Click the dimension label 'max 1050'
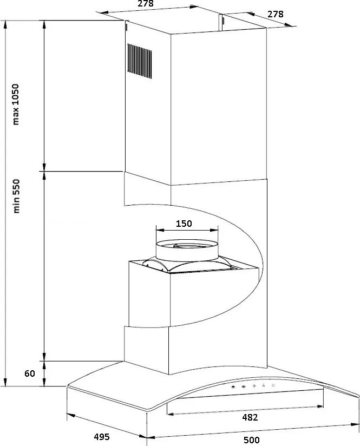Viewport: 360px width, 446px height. [x=15, y=104]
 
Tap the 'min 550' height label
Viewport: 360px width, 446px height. [x=16, y=196]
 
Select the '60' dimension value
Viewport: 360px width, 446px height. [x=30, y=373]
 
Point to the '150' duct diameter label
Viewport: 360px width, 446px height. [x=184, y=224]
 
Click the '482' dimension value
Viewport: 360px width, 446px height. [x=250, y=417]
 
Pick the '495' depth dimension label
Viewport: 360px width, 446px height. [x=102, y=437]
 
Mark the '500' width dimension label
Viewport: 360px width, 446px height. [x=252, y=440]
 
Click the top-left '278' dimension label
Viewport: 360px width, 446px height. [x=146, y=3]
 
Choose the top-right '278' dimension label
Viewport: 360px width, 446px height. [x=275, y=14]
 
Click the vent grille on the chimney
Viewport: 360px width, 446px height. [x=140, y=61]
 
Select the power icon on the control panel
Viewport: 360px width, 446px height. [x=273, y=385]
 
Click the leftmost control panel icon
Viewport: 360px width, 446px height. [x=233, y=387]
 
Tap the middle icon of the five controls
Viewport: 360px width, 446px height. [x=254, y=386]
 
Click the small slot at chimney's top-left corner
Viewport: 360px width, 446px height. [x=126, y=27]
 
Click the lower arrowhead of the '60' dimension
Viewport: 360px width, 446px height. [x=44, y=382]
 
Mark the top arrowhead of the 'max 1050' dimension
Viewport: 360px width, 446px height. [x=44, y=25]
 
